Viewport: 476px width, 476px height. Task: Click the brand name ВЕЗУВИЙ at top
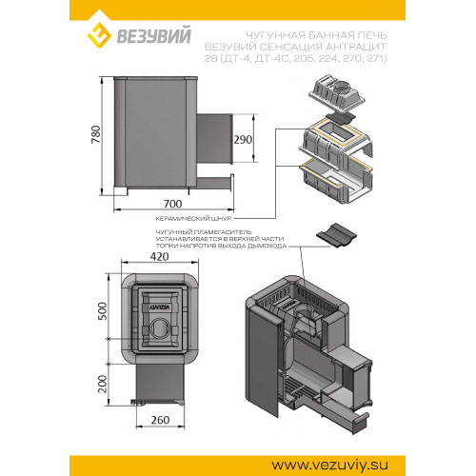[154, 35]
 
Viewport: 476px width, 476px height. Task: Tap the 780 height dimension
[96, 134]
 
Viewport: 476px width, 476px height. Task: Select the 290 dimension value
[243, 140]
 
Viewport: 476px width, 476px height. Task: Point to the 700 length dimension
[173, 204]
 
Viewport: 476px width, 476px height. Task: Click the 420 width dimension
[159, 256]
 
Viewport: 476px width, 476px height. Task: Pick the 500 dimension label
[103, 311]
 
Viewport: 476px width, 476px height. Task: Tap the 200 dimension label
[103, 384]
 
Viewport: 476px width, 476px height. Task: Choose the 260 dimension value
[160, 420]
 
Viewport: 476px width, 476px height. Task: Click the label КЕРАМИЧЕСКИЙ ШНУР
[193, 219]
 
